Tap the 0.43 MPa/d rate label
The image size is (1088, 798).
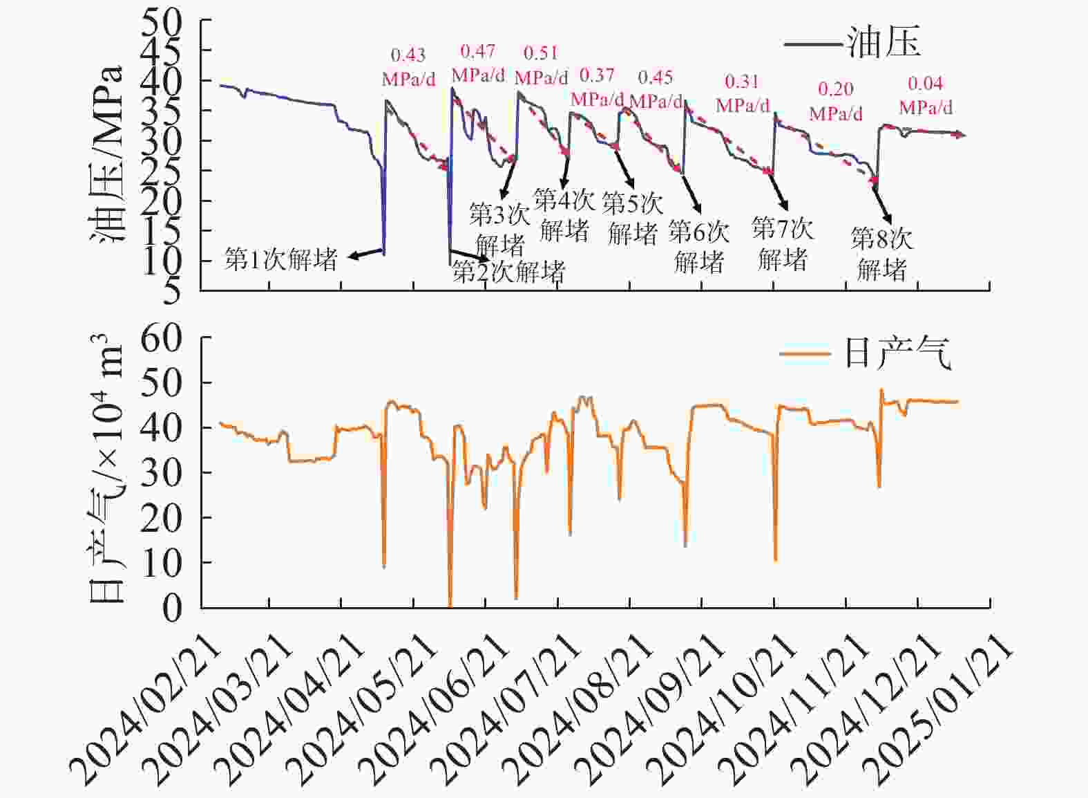408,67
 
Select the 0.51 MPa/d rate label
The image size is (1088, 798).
541,65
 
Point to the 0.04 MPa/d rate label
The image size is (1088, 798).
925,95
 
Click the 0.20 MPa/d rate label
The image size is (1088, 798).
836,100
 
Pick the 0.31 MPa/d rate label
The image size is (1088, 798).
742,93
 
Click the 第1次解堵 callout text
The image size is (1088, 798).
280,259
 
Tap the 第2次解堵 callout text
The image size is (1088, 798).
508,272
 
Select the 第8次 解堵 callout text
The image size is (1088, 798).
881,254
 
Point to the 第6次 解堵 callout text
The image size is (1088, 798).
698,247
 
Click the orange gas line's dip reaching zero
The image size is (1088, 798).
450,604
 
